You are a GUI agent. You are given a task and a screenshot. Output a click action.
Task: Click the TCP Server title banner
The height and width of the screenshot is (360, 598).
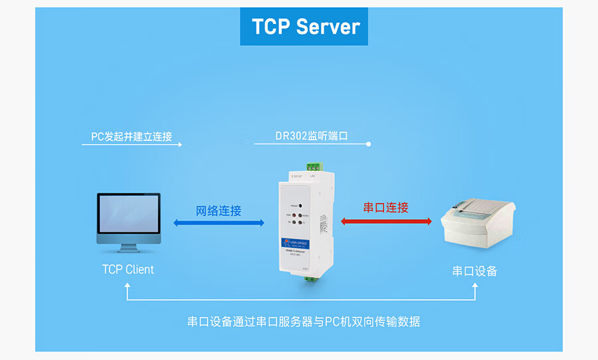(x=305, y=27)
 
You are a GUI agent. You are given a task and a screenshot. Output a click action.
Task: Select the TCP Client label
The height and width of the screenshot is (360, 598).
(x=128, y=270)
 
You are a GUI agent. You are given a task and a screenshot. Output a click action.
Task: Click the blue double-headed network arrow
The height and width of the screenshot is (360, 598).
(x=218, y=223)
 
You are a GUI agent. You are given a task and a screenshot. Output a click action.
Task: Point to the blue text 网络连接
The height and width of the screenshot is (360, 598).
(x=219, y=211)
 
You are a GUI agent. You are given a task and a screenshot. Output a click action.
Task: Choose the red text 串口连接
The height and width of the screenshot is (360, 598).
(x=385, y=207)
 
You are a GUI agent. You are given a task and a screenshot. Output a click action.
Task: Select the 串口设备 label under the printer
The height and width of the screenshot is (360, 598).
(x=474, y=271)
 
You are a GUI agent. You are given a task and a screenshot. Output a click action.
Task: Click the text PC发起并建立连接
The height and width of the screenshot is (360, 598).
(x=132, y=137)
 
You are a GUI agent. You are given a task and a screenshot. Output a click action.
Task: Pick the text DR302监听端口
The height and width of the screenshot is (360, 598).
(x=312, y=136)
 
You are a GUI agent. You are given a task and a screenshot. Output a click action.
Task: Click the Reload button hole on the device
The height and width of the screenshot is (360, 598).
(x=300, y=207)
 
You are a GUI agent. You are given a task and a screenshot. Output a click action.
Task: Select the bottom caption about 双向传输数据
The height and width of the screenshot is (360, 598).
(x=304, y=322)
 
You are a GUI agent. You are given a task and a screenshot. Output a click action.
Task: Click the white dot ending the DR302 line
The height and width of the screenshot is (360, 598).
(x=369, y=143)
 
